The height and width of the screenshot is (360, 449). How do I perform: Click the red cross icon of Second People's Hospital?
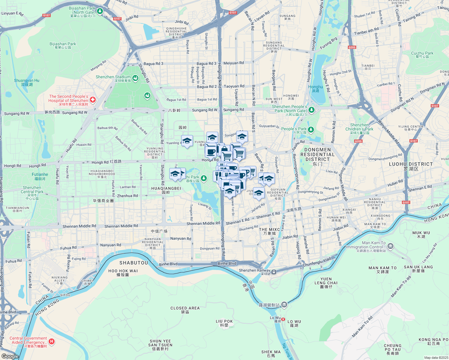[x=93, y=100]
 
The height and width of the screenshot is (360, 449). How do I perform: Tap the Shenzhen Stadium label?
[x=113, y=77]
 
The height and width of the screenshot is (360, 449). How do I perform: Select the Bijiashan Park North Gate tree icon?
[x=100, y=11]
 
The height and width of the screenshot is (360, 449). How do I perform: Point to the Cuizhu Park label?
[x=422, y=53]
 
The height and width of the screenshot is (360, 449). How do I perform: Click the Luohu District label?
[x=411, y=164]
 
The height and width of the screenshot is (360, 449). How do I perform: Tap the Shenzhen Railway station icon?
[x=274, y=272]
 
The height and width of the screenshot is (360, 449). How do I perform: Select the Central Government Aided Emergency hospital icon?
[x=52, y=341]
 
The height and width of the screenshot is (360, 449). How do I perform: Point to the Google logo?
[x=10, y=356]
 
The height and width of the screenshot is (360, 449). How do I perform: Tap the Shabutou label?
[x=134, y=263]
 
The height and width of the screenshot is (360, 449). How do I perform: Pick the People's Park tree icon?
[x=311, y=130]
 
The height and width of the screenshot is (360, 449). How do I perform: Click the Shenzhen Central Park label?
[x=32, y=190]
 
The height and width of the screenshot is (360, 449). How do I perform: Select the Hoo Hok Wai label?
[x=123, y=271]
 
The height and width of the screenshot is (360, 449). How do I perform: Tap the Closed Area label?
[x=185, y=308]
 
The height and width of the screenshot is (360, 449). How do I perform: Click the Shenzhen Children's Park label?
[x=359, y=127]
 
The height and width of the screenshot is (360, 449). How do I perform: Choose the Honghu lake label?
[x=315, y=87]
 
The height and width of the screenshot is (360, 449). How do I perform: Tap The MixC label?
[x=269, y=229]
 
